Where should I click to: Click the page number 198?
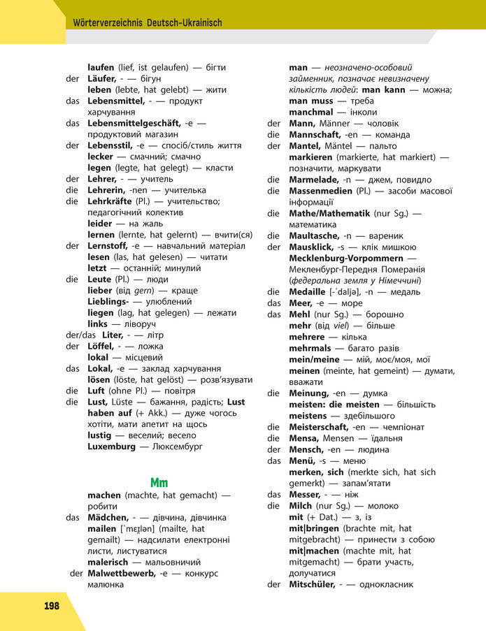tap(51, 605)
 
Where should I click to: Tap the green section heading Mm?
tap(159, 482)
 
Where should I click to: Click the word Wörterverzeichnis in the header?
tap(108, 23)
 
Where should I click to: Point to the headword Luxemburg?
tap(112, 446)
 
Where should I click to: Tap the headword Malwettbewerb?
tap(122, 573)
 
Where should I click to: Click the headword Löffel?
tap(102, 346)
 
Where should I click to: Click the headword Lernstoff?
tap(110, 246)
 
